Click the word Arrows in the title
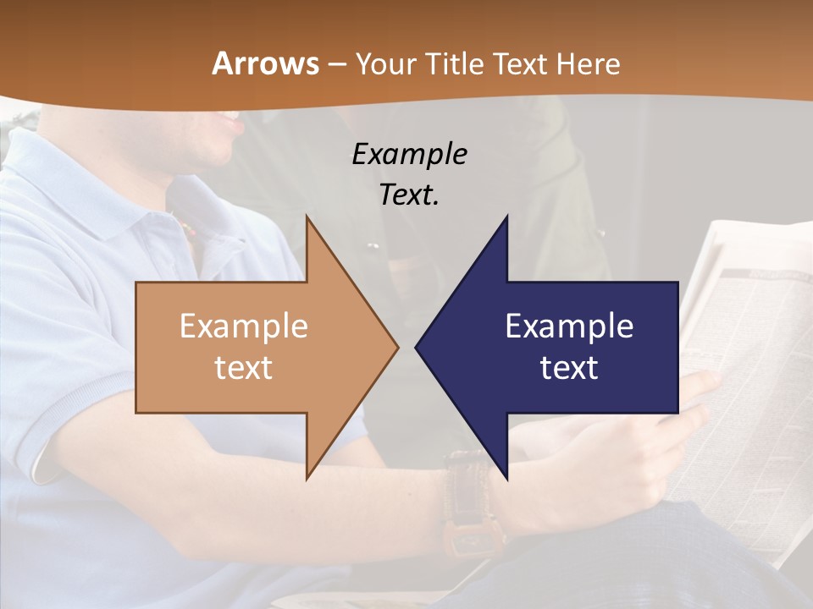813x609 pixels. click(x=266, y=63)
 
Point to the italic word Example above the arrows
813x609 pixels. click(x=409, y=154)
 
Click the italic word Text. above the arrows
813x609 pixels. click(x=409, y=195)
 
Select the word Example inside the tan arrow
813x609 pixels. click(x=243, y=326)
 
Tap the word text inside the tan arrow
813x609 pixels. click(x=243, y=367)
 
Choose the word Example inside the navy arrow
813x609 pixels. click(x=569, y=326)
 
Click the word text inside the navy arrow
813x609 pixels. click(x=569, y=367)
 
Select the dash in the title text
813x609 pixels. click(x=336, y=64)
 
